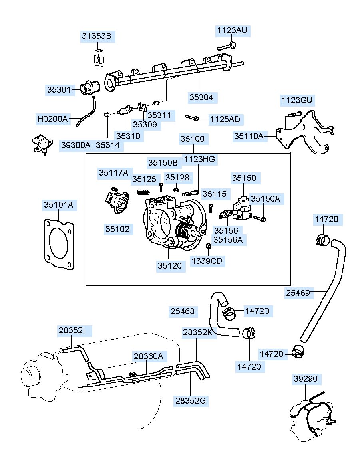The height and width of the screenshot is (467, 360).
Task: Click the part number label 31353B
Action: tap(96, 36)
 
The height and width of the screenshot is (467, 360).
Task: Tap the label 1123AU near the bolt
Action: tap(232, 30)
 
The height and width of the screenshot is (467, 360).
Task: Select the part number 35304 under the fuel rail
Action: tap(201, 97)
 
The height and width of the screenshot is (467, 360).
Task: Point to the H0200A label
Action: tap(52, 119)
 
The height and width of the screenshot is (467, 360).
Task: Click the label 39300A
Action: tap(76, 145)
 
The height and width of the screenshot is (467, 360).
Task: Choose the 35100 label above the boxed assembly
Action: tap(193, 139)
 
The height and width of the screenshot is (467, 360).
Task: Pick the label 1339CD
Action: tap(207, 261)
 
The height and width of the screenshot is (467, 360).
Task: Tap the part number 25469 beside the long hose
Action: tap(298, 293)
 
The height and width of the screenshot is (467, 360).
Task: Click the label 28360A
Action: tap(148, 356)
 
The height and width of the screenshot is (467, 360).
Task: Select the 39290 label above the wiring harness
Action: tap(305, 378)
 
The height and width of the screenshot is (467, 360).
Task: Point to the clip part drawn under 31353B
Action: tap(99, 58)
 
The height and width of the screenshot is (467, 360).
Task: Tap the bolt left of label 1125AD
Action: tap(192, 118)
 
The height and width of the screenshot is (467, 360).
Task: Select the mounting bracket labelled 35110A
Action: tap(305, 132)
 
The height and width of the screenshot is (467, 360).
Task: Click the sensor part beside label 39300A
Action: tap(42, 144)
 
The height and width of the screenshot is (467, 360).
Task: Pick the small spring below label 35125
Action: tap(143, 192)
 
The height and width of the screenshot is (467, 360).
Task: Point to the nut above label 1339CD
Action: tap(209, 246)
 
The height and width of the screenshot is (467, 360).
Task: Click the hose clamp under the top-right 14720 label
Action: tap(322, 240)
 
